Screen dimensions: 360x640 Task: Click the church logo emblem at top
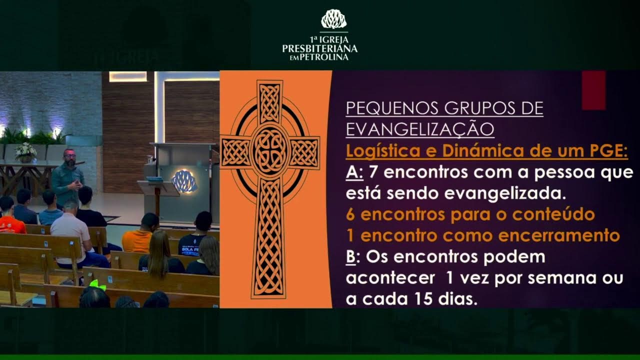333,19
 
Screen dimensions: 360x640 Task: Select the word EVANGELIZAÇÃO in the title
420,129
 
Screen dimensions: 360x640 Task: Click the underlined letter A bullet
353,173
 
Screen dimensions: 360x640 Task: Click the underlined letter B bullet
352,257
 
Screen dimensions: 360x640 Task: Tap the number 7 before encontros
372,173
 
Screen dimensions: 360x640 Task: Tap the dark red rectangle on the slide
593,90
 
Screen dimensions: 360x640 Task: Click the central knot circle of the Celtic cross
269,150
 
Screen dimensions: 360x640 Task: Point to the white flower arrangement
25,150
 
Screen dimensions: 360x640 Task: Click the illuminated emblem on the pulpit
184,180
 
